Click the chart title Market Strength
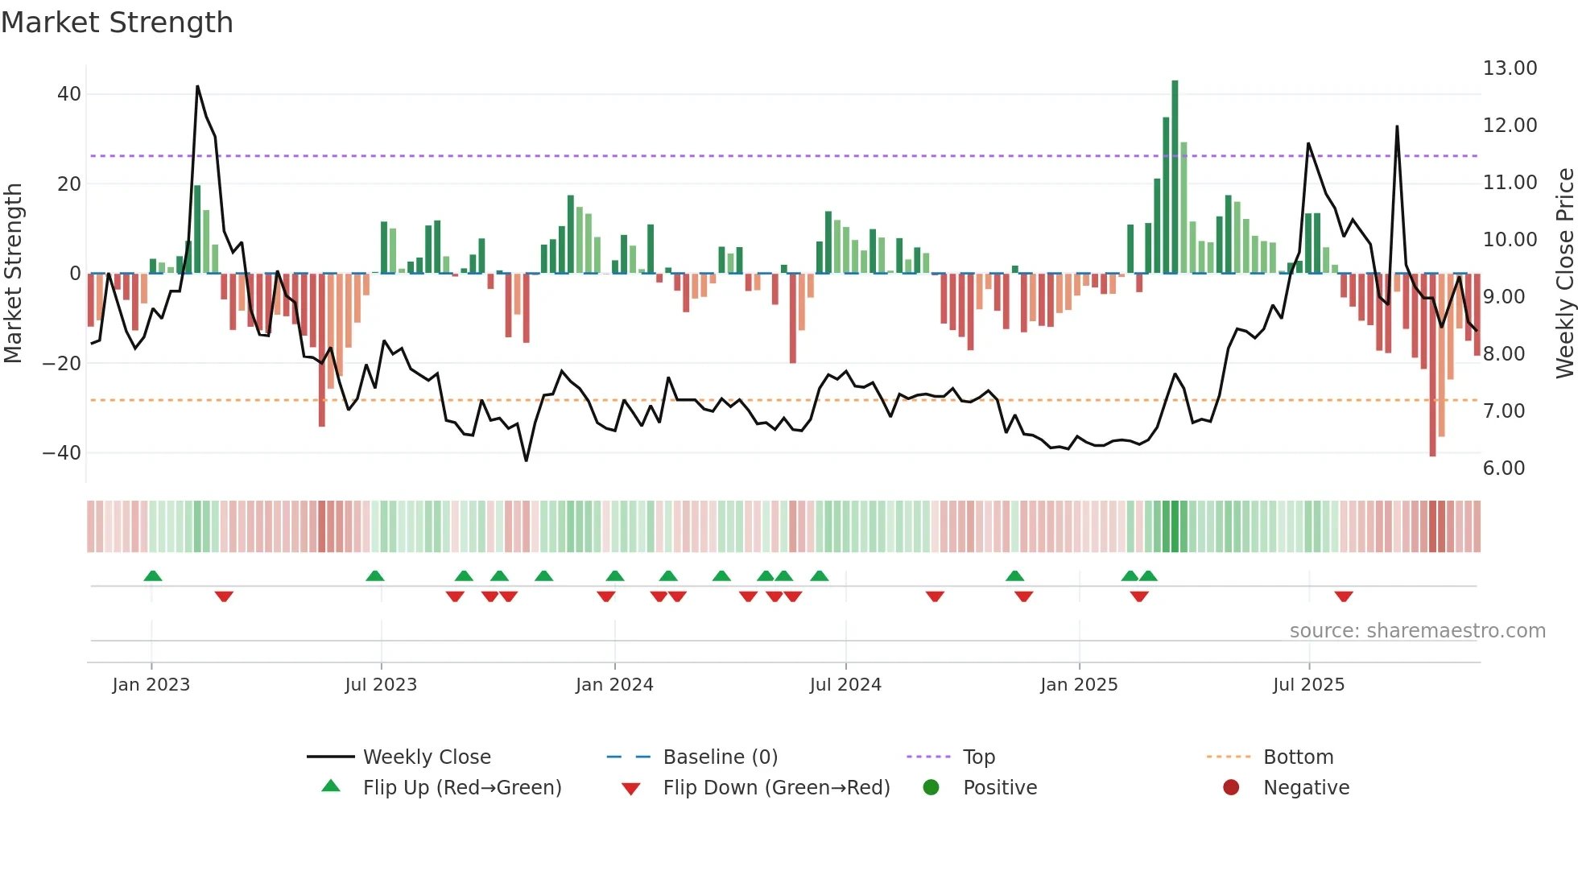pyautogui.click(x=117, y=23)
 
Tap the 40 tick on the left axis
pyautogui.click(x=69, y=94)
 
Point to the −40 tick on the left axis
pyautogui.click(x=62, y=453)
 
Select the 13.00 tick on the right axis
pyautogui.click(x=1510, y=68)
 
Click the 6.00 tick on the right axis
pyautogui.click(x=1503, y=468)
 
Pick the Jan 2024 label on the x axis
pyautogui.click(x=614, y=685)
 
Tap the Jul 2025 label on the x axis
pyautogui.click(x=1308, y=685)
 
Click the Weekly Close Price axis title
pyautogui.click(x=1564, y=274)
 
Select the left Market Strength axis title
pyautogui.click(x=14, y=274)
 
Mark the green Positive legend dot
pyautogui.click(x=931, y=787)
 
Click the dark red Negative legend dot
pyautogui.click(x=1231, y=787)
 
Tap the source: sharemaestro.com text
pyautogui.click(x=1417, y=631)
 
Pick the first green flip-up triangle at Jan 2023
pyautogui.click(x=153, y=576)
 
